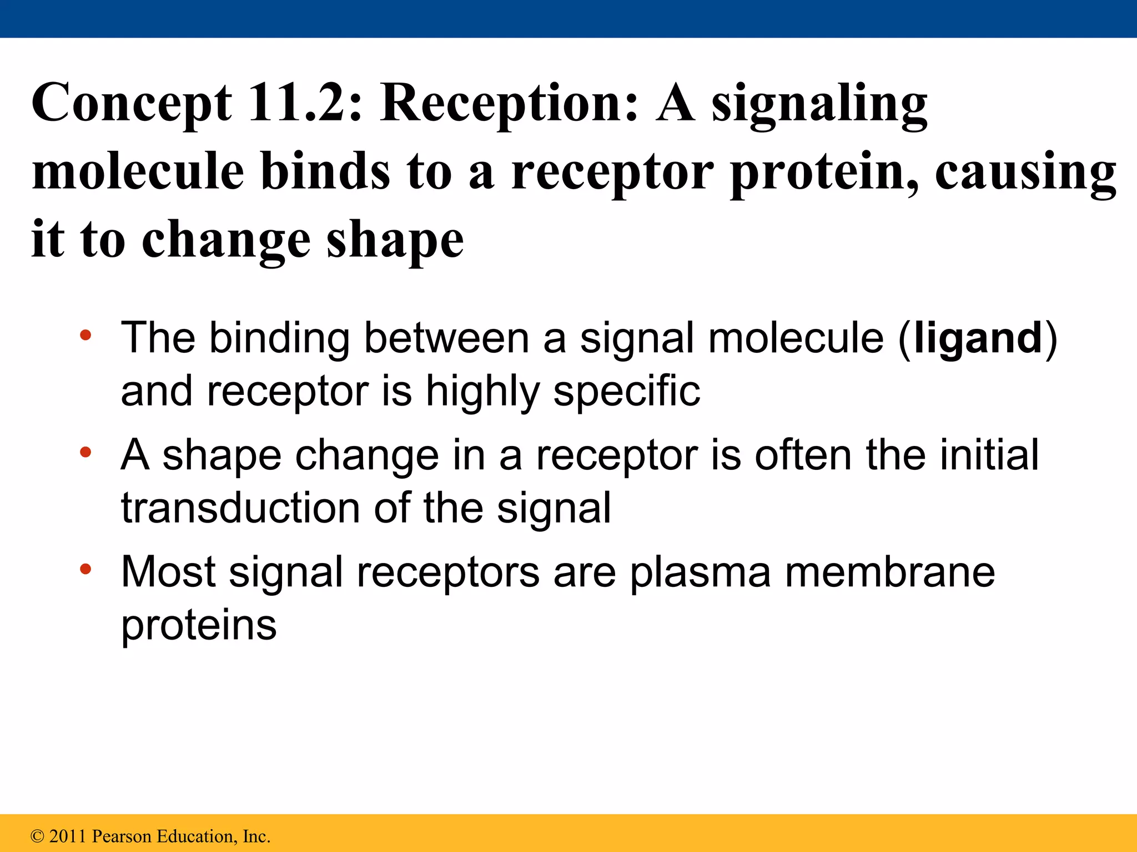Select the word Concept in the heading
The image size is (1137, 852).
point(132,104)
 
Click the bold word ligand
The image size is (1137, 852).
point(978,338)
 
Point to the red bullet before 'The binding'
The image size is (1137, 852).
point(85,335)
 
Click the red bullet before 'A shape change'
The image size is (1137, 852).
point(85,452)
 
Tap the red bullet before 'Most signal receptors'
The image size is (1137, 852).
point(85,569)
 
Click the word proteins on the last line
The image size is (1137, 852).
point(199,626)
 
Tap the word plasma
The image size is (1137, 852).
point(700,572)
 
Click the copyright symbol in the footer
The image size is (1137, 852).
point(37,836)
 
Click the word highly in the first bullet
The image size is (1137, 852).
point(482,391)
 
